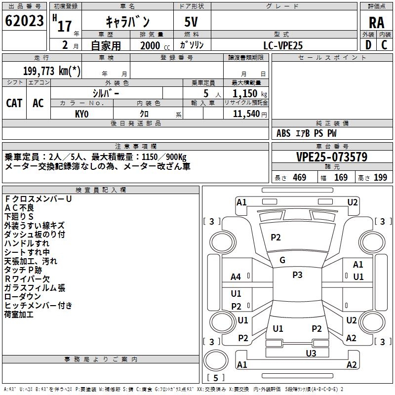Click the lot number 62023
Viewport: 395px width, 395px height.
click(24, 21)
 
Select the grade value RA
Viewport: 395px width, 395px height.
click(376, 23)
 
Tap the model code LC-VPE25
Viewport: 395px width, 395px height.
click(283, 45)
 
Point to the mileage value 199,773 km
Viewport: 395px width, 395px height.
click(52, 71)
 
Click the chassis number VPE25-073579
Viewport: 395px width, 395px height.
click(332, 157)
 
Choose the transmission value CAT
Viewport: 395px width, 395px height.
click(14, 103)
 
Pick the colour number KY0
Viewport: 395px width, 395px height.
click(81, 114)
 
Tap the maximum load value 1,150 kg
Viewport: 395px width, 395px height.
click(250, 94)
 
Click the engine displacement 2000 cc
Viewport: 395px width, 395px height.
click(155, 46)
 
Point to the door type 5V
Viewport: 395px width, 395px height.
click(191, 22)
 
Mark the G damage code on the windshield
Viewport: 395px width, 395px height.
click(282, 260)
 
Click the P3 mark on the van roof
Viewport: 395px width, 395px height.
click(297, 275)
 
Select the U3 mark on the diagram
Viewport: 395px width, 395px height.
click(311, 354)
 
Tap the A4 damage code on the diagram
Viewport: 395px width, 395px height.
click(236, 277)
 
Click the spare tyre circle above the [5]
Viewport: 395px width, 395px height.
click(216, 360)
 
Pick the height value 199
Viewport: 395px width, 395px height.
click(380, 178)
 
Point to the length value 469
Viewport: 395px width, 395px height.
click(300, 178)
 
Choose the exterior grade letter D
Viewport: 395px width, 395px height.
click(368, 45)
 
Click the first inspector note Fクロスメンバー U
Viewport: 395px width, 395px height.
click(39, 199)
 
